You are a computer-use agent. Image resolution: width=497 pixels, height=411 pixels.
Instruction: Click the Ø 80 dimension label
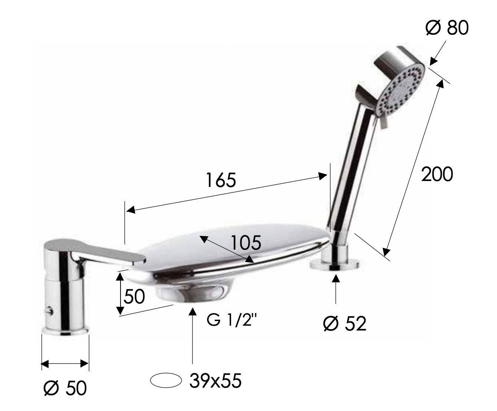(447, 27)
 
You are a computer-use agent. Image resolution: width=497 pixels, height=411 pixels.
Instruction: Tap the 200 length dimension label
(437, 174)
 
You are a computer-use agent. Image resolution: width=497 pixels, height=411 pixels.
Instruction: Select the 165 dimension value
(221, 180)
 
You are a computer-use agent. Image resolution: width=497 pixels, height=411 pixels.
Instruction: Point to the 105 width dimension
(246, 243)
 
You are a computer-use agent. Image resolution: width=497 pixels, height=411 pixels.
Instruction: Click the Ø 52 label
(345, 323)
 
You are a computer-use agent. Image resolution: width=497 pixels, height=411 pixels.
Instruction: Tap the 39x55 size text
(215, 381)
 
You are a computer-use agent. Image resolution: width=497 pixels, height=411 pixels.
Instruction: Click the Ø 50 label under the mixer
(65, 388)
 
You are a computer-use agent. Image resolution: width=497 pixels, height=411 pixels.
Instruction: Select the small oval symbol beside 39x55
(166, 380)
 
